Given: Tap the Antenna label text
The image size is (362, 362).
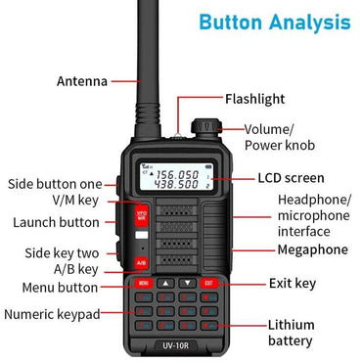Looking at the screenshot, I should click(x=82, y=81).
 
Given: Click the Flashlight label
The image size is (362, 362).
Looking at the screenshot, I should click(x=255, y=99).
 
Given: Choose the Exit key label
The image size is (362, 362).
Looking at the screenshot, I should click(x=292, y=284).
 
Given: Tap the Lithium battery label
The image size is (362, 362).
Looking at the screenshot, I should click(x=291, y=333).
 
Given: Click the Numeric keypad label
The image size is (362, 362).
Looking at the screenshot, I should click(x=51, y=314).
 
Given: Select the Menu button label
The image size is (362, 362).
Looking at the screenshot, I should click(x=61, y=288).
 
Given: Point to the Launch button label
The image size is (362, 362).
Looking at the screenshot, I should click(x=56, y=222).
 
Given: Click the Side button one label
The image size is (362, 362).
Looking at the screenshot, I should click(x=55, y=183).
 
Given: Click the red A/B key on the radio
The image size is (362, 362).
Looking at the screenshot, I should click(x=141, y=262).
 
